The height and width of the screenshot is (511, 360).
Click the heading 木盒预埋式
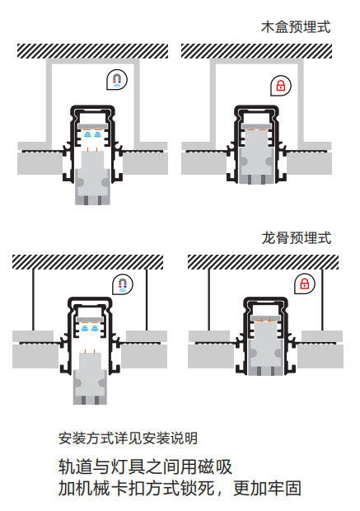pyautogui.click(x=296, y=27)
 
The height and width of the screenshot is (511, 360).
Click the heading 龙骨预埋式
pyautogui.click(x=297, y=238)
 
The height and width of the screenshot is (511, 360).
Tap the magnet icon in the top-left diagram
pyautogui.click(x=117, y=80)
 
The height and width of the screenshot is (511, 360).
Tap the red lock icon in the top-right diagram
pyautogui.click(x=281, y=86)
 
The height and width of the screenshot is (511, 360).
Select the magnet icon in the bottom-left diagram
pyautogui.click(x=123, y=284)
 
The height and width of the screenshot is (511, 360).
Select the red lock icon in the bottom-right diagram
pyautogui.click(x=305, y=284)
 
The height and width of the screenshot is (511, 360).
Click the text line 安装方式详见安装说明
pyautogui.click(x=128, y=438)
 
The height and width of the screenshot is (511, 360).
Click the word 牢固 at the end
pyautogui.click(x=284, y=488)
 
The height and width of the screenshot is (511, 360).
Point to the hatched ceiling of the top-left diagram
pyautogui.click(x=93, y=51)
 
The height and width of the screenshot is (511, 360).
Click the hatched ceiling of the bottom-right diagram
pyautogui.click(x=264, y=262)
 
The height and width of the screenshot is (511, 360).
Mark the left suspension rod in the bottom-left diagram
pyautogui.click(x=33, y=300)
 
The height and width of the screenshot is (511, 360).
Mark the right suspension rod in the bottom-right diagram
pyautogui.click(x=323, y=300)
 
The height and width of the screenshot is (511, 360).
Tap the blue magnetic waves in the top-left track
pyautogui.click(x=92, y=134)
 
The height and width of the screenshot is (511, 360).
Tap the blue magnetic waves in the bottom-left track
pyautogui.click(x=90, y=328)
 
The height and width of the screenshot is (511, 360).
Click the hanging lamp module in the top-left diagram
pyautogui.click(x=92, y=178)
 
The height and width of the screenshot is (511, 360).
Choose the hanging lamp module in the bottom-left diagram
pyautogui.click(x=90, y=378)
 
